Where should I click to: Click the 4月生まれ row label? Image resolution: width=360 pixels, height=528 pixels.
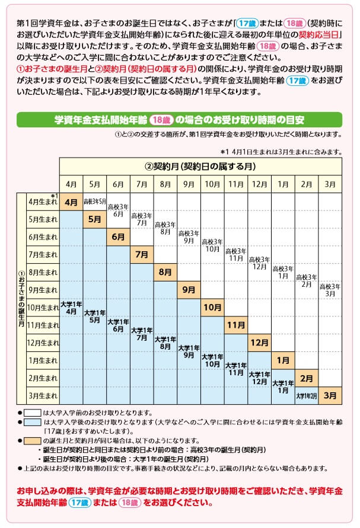pos(42,202)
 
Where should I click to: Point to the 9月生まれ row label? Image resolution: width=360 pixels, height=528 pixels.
pos(42,290)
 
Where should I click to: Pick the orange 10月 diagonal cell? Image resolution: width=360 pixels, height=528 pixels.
pos(212,308)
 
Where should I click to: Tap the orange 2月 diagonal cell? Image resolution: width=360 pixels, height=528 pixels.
pos(307,377)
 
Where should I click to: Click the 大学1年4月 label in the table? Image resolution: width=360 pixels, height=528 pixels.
pos(71,308)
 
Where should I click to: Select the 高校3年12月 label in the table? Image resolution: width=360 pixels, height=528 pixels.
pos(259,263)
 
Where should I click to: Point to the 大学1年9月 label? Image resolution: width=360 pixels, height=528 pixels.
pos(189,351)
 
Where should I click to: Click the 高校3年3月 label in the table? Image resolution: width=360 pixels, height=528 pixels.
pos(330,290)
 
